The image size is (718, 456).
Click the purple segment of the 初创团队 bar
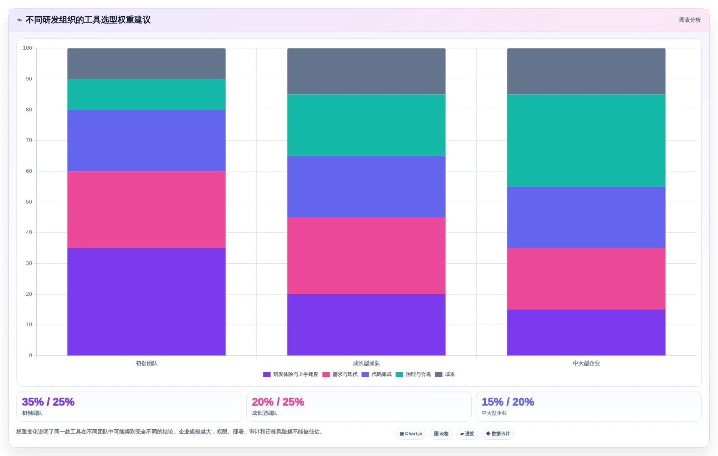click(146, 302)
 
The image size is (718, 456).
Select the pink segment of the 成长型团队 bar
click(366, 256)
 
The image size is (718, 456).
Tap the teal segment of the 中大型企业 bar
click(586, 141)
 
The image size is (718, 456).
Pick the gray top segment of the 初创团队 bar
click(146, 64)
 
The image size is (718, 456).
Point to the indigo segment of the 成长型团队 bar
click(366, 186)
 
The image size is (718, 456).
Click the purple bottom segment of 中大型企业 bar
click(586, 333)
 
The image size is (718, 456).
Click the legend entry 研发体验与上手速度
click(291, 374)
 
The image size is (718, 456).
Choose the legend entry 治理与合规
click(413, 374)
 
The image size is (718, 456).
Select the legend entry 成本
click(445, 374)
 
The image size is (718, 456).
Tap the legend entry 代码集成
click(377, 374)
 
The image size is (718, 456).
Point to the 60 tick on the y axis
click(29, 171)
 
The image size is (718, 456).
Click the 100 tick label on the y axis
click(28, 48)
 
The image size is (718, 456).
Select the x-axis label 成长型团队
click(366, 363)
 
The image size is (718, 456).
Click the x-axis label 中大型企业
click(586, 363)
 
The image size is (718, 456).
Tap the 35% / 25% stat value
click(48, 402)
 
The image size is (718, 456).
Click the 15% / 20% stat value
click(508, 402)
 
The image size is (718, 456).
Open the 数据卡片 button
click(498, 433)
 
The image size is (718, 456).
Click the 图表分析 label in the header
click(690, 20)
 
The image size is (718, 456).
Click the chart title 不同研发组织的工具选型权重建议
click(88, 20)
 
